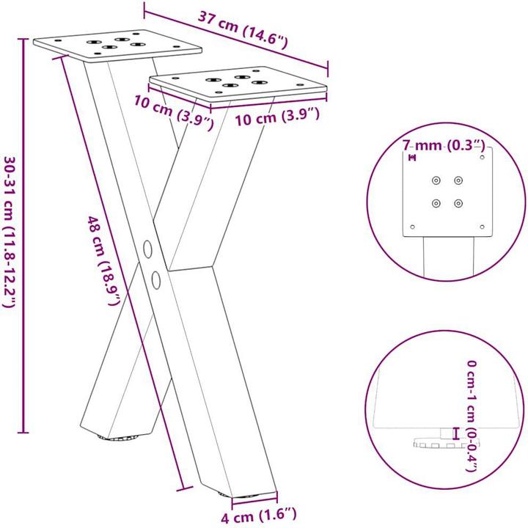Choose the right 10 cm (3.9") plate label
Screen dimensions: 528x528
[x=277, y=114]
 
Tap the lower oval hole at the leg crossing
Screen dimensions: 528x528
[x=156, y=279]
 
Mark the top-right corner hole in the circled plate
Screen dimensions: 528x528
[x=482, y=156]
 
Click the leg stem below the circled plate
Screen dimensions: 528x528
[x=447, y=260]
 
